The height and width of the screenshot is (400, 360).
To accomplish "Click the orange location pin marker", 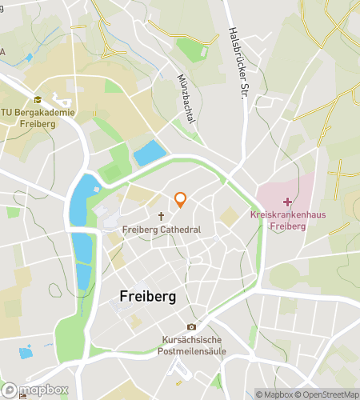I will coord(181,200).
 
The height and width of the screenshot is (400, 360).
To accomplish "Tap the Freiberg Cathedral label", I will coord(161,230).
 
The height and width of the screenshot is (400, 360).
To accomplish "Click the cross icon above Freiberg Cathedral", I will coord(161,216).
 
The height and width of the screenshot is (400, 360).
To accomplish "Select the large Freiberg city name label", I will coord(147,295).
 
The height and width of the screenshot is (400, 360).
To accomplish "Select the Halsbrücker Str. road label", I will coord(236,63).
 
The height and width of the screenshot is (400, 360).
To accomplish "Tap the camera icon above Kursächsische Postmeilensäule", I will coord(190,326).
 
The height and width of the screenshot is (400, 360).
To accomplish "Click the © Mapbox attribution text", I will coord(274,394).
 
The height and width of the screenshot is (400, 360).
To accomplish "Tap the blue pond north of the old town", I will coord(150,153).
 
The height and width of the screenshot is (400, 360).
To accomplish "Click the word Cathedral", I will coord(178,230).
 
